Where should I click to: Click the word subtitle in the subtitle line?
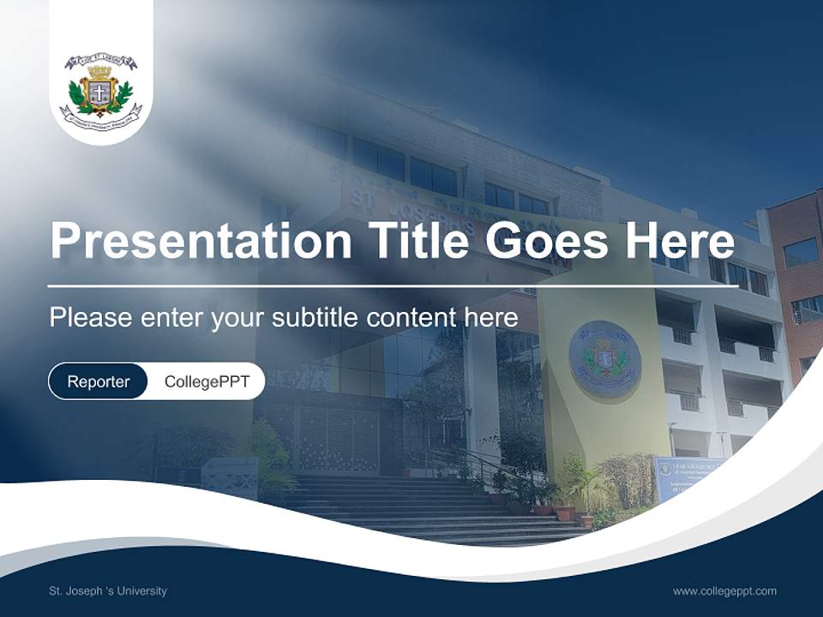[317, 318]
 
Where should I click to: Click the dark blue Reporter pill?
[98, 381]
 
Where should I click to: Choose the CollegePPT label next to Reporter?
[207, 381]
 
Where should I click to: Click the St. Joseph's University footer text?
[108, 591]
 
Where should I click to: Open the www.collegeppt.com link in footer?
[724, 591]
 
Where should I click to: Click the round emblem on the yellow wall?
[604, 358]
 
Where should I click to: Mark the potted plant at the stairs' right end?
[567, 511]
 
